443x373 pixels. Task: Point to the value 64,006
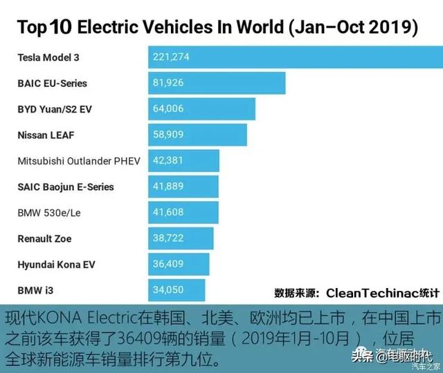tap(168, 109)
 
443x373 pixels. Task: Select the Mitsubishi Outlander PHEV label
tap(78, 161)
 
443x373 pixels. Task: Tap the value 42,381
tap(168, 161)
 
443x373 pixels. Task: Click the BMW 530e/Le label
tap(48, 213)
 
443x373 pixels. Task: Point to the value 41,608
tap(168, 213)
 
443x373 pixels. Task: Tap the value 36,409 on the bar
tap(168, 265)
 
